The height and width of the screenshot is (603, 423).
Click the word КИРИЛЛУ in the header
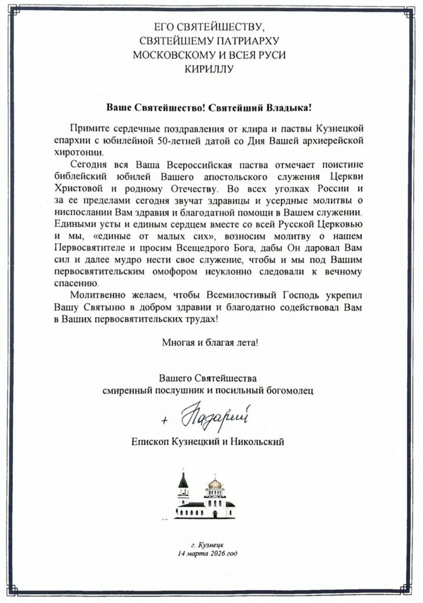point(211,69)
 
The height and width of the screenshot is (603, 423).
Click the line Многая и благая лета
point(209,342)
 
